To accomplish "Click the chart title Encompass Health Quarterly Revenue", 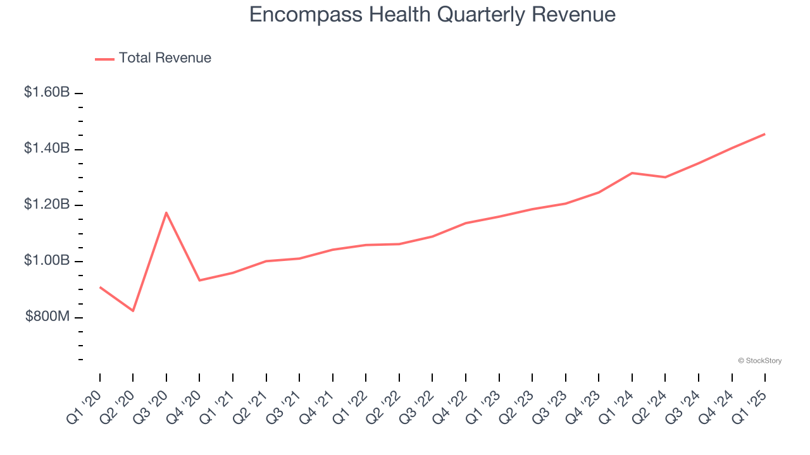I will (432, 14).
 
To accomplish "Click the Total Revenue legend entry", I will (153, 58).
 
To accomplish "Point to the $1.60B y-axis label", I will (47, 92).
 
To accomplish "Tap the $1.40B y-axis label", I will (47, 149).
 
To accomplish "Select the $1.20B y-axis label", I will (47, 205).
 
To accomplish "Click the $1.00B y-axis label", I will (47, 260).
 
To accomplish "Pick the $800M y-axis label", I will (47, 317).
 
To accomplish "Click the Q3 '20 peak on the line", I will (166, 212).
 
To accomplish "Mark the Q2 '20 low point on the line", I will (133, 310).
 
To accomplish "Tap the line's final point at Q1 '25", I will (764, 134).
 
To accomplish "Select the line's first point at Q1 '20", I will (100, 288).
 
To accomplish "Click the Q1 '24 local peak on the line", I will (632, 173).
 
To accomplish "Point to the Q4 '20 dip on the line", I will (200, 280).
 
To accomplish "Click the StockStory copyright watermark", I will (759, 361).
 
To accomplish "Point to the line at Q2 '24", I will (665, 177).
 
